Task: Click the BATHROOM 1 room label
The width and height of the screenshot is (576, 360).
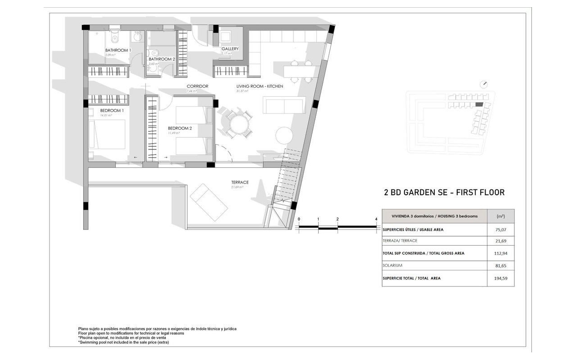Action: [118, 50]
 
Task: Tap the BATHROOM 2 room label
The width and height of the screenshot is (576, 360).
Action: [162, 59]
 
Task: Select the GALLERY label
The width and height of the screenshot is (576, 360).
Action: [229, 49]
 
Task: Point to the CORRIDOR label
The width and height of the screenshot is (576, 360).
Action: [197, 86]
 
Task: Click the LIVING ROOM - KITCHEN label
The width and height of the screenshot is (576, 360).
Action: [260, 86]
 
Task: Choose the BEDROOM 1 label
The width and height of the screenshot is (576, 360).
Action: [112, 110]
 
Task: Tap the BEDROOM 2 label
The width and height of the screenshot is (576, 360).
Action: [180, 128]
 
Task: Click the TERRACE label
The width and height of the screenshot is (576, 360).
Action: [240, 182]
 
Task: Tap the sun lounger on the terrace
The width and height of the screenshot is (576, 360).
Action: [209, 202]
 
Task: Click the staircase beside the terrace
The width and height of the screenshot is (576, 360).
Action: [287, 180]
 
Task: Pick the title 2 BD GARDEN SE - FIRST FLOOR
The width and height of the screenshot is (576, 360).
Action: [444, 193]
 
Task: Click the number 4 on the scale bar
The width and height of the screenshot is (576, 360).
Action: [376, 219]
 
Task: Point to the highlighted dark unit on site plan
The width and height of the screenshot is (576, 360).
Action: [479, 104]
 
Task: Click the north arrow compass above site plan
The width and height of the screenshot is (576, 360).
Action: [484, 84]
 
